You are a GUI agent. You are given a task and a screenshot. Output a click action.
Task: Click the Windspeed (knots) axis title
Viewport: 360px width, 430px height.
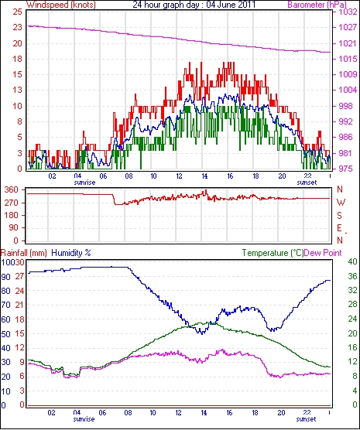pyautogui.click(x=61, y=5)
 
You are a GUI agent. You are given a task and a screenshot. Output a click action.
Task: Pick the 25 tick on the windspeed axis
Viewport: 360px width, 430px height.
pyautogui.click(x=17, y=12)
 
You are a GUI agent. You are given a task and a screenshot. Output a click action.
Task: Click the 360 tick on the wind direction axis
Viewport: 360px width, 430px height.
pyautogui.click(x=12, y=189)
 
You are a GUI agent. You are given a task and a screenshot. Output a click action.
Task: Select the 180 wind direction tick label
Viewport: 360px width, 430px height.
pyautogui.click(x=12, y=215)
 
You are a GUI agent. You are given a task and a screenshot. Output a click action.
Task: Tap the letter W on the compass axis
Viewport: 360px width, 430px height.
pyautogui.click(x=341, y=203)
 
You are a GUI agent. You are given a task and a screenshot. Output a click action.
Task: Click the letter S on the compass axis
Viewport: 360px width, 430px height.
pyautogui.click(x=340, y=216)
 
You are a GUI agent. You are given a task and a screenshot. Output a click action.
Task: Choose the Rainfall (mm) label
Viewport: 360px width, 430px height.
pyautogui.click(x=24, y=253)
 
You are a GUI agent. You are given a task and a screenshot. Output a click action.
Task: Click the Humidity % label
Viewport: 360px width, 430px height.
pyautogui.click(x=71, y=253)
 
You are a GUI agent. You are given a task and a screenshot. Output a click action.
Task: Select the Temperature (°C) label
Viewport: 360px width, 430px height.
pyautogui.click(x=273, y=253)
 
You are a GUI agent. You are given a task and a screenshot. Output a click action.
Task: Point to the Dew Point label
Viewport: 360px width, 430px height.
pyautogui.click(x=323, y=253)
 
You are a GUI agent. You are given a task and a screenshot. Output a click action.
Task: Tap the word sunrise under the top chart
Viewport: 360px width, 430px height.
pyautogui.click(x=84, y=183)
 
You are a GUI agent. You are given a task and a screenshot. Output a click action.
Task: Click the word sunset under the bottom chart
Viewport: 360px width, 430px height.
pyautogui.click(x=306, y=419)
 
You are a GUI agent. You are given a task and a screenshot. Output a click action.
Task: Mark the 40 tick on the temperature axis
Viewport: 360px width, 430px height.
pyautogui.click(x=352, y=262)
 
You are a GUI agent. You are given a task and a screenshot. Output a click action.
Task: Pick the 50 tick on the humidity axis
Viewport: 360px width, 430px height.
pyautogui.click(x=5, y=334)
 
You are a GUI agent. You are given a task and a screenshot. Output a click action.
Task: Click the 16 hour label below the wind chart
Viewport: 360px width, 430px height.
pyautogui.click(x=230, y=176)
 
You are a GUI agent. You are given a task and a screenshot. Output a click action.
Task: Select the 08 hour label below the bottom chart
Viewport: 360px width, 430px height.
pyautogui.click(x=128, y=413)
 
